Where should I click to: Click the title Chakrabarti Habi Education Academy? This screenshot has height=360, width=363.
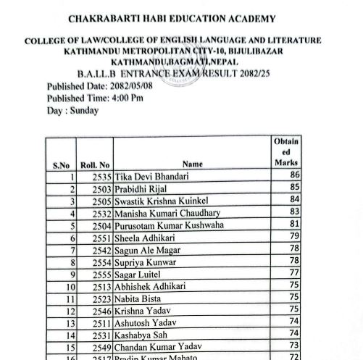pos(171,18)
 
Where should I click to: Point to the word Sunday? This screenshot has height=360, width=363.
pos(85,110)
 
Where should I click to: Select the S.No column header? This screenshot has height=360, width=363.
pos(61,165)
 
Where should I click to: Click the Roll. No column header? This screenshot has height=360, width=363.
pos(95,165)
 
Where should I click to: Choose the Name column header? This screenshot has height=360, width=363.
pos(193,164)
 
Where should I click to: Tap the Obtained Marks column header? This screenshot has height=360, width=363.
pos(285,152)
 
